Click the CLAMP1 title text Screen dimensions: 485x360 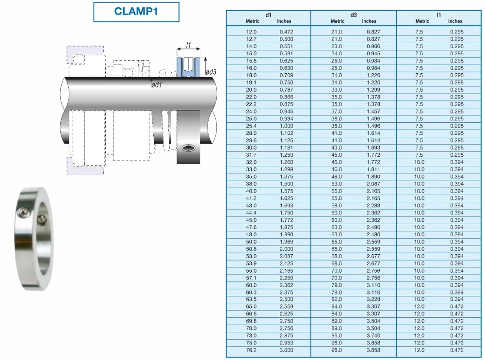(136, 12)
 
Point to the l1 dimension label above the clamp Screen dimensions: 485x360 (188, 45)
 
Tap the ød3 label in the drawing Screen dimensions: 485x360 (211, 72)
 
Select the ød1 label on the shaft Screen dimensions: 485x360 (157, 85)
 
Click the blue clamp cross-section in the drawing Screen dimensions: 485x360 (188, 66)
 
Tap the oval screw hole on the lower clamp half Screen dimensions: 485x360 (188, 147)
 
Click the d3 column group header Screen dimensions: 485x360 (354, 15)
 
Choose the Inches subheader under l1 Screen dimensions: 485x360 (455, 21)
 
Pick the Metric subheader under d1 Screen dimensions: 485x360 (252, 21)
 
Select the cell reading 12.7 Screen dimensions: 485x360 (251, 39)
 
